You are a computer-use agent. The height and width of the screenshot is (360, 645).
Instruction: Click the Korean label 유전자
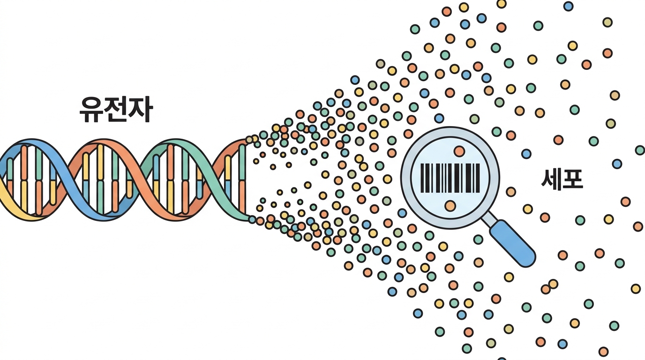tap(116, 110)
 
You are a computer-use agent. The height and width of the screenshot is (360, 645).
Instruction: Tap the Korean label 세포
tap(562, 179)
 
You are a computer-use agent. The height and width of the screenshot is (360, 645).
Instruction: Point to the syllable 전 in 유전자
tap(116, 110)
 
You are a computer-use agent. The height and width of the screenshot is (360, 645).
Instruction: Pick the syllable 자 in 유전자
tap(140, 110)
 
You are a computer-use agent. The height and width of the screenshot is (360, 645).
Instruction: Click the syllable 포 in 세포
tap(573, 179)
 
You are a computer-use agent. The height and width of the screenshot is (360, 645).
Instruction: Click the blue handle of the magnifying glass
tap(513, 244)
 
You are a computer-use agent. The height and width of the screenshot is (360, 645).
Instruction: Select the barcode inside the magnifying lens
tap(450, 178)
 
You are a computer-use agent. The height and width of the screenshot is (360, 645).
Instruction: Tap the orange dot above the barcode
tap(459, 151)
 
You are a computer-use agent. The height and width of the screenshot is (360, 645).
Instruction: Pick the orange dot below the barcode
tap(450, 206)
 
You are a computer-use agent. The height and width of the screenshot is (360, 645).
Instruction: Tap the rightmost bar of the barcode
tap(479, 178)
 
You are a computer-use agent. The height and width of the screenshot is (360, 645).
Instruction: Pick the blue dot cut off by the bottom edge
tap(502, 359)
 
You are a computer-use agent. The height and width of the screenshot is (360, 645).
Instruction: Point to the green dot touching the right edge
tap(640, 150)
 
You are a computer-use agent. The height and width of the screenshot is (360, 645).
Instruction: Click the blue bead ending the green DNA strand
tap(252, 220)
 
